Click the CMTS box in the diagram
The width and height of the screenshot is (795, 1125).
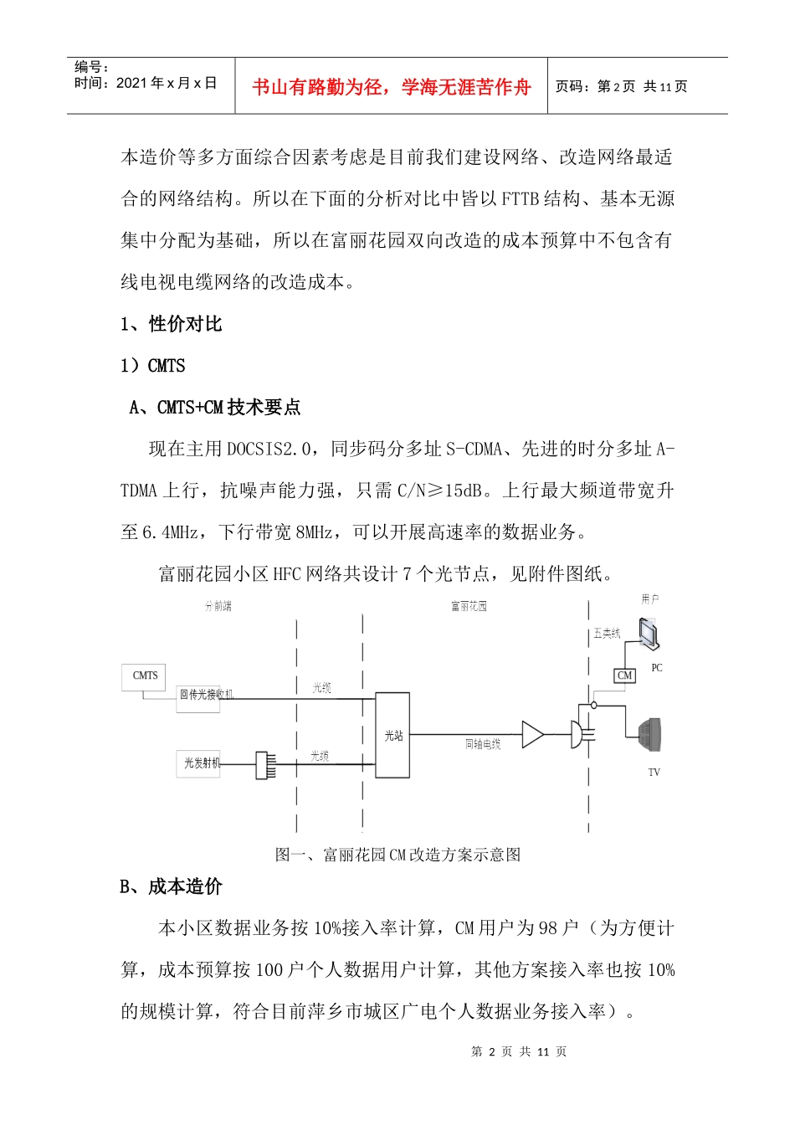tap(145, 676)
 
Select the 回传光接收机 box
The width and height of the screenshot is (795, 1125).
tap(199, 696)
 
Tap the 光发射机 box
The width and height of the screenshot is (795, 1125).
tap(201, 763)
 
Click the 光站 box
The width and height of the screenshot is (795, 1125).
tap(392, 735)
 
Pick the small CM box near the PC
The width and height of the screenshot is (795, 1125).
tap(624, 676)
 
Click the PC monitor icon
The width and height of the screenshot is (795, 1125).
tap(649, 634)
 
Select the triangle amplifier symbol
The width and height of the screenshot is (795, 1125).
tap(532, 734)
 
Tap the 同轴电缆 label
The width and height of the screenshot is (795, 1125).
tap(483, 744)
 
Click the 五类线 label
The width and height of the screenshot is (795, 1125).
tap(607, 634)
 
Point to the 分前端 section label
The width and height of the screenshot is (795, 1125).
tap(218, 606)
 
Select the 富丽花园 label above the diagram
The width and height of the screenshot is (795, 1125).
tap(469, 606)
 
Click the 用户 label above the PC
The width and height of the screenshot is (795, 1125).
tap(650, 599)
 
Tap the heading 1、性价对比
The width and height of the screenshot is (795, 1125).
tap(172, 324)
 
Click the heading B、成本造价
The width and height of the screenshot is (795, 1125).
tap(171, 886)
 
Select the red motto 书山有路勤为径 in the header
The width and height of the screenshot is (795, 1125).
tap(392, 87)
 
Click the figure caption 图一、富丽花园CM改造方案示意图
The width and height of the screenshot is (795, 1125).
tap(397, 855)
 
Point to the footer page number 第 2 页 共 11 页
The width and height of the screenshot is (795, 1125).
tap(519, 1051)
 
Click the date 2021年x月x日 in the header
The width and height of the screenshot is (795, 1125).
tap(167, 83)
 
